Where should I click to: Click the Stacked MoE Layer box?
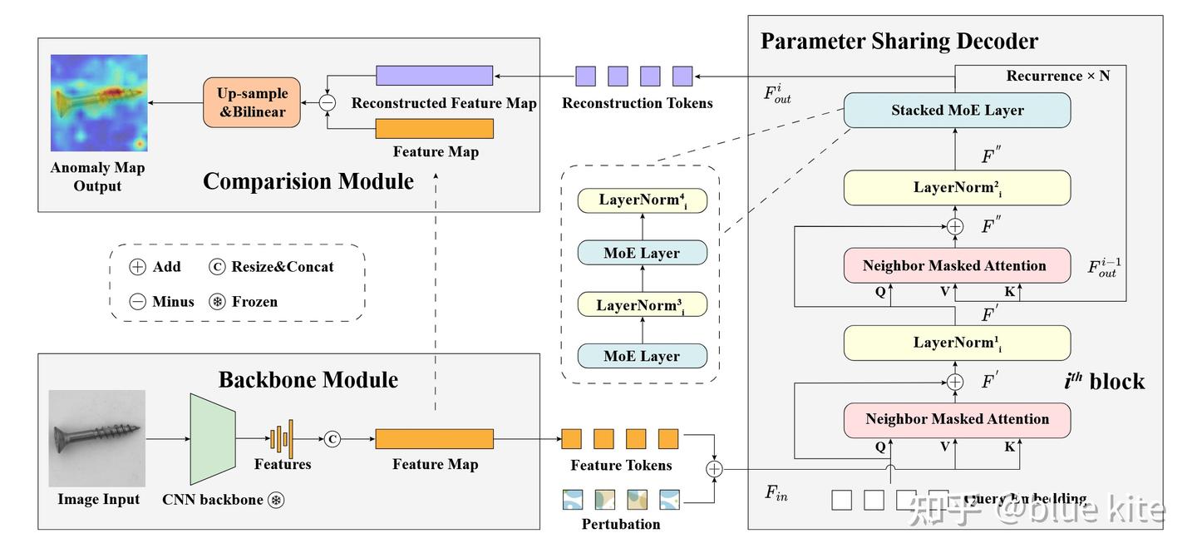(x=957, y=111)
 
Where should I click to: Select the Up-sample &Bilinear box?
(x=252, y=102)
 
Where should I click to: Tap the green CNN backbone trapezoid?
(x=212, y=438)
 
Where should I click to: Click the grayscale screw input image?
(x=97, y=438)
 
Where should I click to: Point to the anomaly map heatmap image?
(x=99, y=103)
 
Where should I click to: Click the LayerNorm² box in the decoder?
(x=957, y=188)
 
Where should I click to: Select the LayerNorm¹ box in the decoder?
(x=957, y=343)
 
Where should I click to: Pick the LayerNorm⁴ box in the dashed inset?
(x=642, y=200)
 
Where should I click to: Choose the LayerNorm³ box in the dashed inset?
(x=642, y=305)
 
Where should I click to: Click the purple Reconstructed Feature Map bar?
(x=434, y=76)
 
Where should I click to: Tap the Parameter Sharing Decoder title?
(x=899, y=41)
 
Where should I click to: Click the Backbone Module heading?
(x=308, y=380)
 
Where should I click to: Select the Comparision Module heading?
(x=308, y=181)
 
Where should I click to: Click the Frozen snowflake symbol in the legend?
(x=218, y=302)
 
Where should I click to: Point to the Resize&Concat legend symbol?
(x=219, y=267)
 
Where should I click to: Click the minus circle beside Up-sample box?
(x=328, y=102)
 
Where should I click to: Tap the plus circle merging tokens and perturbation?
(x=714, y=469)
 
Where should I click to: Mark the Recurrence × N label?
(x=1057, y=76)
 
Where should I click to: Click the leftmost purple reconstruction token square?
(x=586, y=77)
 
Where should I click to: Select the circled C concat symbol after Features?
(x=332, y=439)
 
